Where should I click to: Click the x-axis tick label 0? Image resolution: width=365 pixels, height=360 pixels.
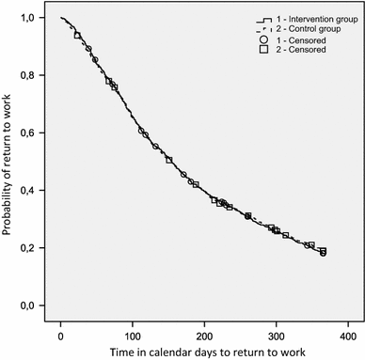61,335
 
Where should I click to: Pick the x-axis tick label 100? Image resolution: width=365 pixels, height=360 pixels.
134,335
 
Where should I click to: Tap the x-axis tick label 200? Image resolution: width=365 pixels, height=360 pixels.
205,335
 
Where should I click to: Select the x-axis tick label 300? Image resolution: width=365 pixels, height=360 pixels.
278,335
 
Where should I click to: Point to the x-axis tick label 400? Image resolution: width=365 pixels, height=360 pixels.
349,335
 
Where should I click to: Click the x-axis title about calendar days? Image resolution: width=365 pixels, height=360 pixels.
205,352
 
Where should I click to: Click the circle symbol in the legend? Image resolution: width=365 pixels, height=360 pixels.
262,40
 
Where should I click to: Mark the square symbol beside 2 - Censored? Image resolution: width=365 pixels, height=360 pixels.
262,51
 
